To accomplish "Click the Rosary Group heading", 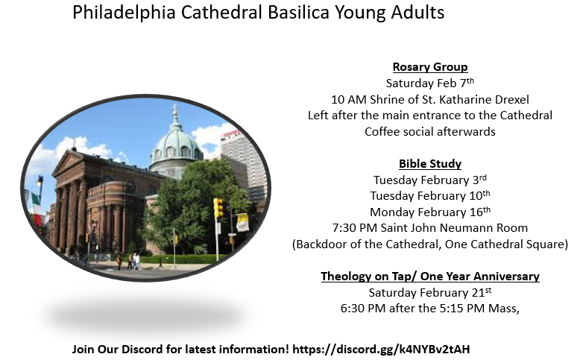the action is pyautogui.click(x=430, y=67).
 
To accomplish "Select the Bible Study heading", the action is pyautogui.click(x=430, y=163).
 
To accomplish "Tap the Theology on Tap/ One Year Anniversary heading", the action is pyautogui.click(x=430, y=276).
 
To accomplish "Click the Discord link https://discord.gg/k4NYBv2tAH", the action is pyautogui.click(x=381, y=349).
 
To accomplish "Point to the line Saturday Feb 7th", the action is pyautogui.click(x=430, y=83).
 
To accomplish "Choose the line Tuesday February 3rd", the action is pyautogui.click(x=430, y=180).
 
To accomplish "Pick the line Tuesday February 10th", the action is pyautogui.click(x=430, y=195).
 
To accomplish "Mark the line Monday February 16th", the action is pyautogui.click(x=430, y=212).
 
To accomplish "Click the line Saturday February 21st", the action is pyautogui.click(x=430, y=292).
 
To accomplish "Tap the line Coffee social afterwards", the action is pyautogui.click(x=430, y=131).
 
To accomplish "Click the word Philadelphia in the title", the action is pyautogui.click(x=124, y=12).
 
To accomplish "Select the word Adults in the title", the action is pyautogui.click(x=417, y=12).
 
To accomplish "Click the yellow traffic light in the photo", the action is pyautogui.click(x=218, y=208).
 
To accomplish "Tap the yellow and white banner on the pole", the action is pyautogui.click(x=242, y=222).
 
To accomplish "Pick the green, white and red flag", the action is pyautogui.click(x=36, y=199).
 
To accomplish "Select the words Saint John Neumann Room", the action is pyautogui.click(x=454, y=228).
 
